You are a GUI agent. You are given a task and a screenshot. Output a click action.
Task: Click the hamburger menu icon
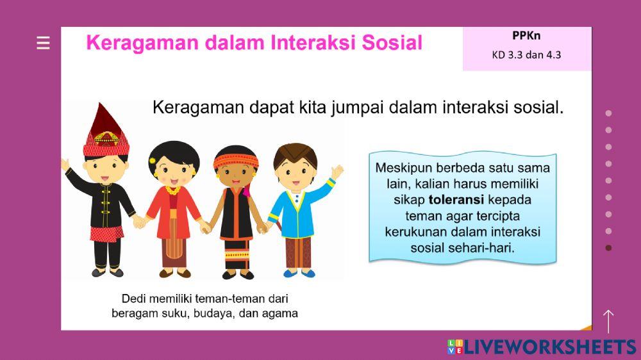43,43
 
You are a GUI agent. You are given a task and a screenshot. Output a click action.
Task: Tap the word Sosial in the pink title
392,43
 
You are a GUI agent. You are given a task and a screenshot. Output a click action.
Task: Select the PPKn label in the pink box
526,36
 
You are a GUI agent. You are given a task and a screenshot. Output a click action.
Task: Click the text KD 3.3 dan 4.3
526,54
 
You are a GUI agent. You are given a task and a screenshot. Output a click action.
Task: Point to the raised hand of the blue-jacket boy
337,172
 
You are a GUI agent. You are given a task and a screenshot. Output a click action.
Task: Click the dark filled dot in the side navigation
608,248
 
